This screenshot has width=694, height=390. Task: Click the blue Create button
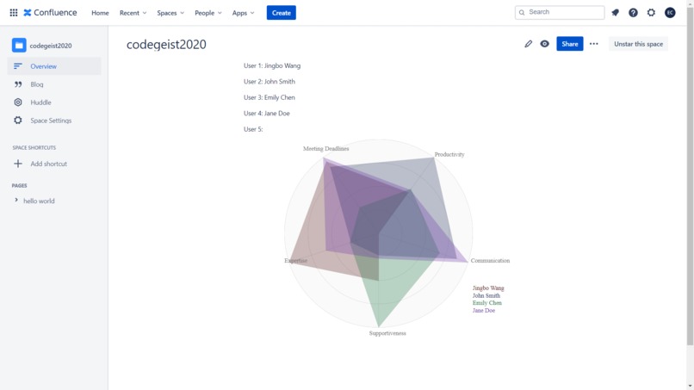pos(281,13)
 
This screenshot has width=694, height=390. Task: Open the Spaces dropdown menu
pos(170,13)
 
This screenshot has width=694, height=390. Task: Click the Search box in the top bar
pos(560,12)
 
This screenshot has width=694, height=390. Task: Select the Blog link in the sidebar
pos(37,84)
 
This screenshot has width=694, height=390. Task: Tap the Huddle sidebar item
pos(40,102)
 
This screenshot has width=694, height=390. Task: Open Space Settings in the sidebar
pos(51,121)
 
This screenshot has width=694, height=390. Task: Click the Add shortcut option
pos(48,164)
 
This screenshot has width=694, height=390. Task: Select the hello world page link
pos(39,201)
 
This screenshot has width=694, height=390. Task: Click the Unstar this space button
pos(638,44)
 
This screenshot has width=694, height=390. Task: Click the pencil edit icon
pos(529,44)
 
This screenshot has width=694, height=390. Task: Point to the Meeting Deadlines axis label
pos(325,149)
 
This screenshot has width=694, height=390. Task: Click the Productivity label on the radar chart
pos(449,155)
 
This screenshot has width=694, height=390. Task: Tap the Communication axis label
pos(490,261)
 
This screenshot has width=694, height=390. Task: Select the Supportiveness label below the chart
pos(387,333)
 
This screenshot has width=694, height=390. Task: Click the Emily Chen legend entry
pos(487,303)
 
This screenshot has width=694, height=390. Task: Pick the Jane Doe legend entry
pos(484,311)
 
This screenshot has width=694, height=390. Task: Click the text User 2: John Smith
pos(270,82)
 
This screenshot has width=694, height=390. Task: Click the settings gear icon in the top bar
pos(651,13)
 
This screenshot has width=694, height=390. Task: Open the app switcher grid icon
pos(14,13)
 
